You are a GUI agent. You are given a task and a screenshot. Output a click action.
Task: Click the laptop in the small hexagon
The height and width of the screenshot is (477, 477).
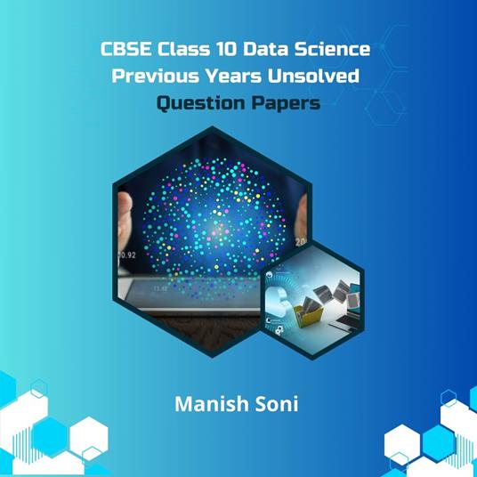[x=344, y=289]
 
